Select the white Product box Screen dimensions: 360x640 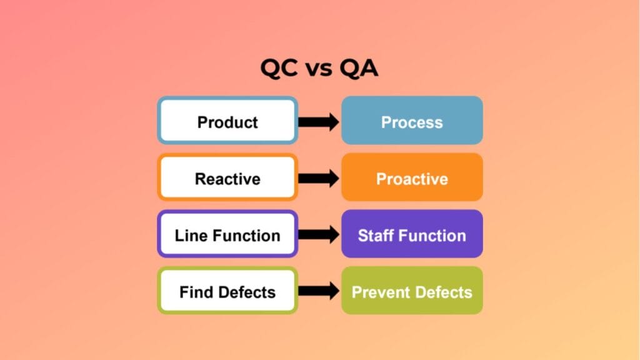[227, 121]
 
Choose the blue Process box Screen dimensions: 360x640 [412, 121]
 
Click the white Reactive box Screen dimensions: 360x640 [227, 178]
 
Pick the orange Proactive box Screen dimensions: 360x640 [412, 178]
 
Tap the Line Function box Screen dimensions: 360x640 [227, 235]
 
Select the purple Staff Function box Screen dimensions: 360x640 [412, 235]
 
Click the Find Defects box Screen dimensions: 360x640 [227, 291]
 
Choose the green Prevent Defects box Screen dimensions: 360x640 [412, 291]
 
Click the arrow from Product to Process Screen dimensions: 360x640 [319, 121]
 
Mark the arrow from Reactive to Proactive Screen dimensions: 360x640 [319, 178]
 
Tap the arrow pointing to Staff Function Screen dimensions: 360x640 [319, 235]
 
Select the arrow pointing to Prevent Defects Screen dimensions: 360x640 [319, 291]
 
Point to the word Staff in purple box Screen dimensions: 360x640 [374, 236]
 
